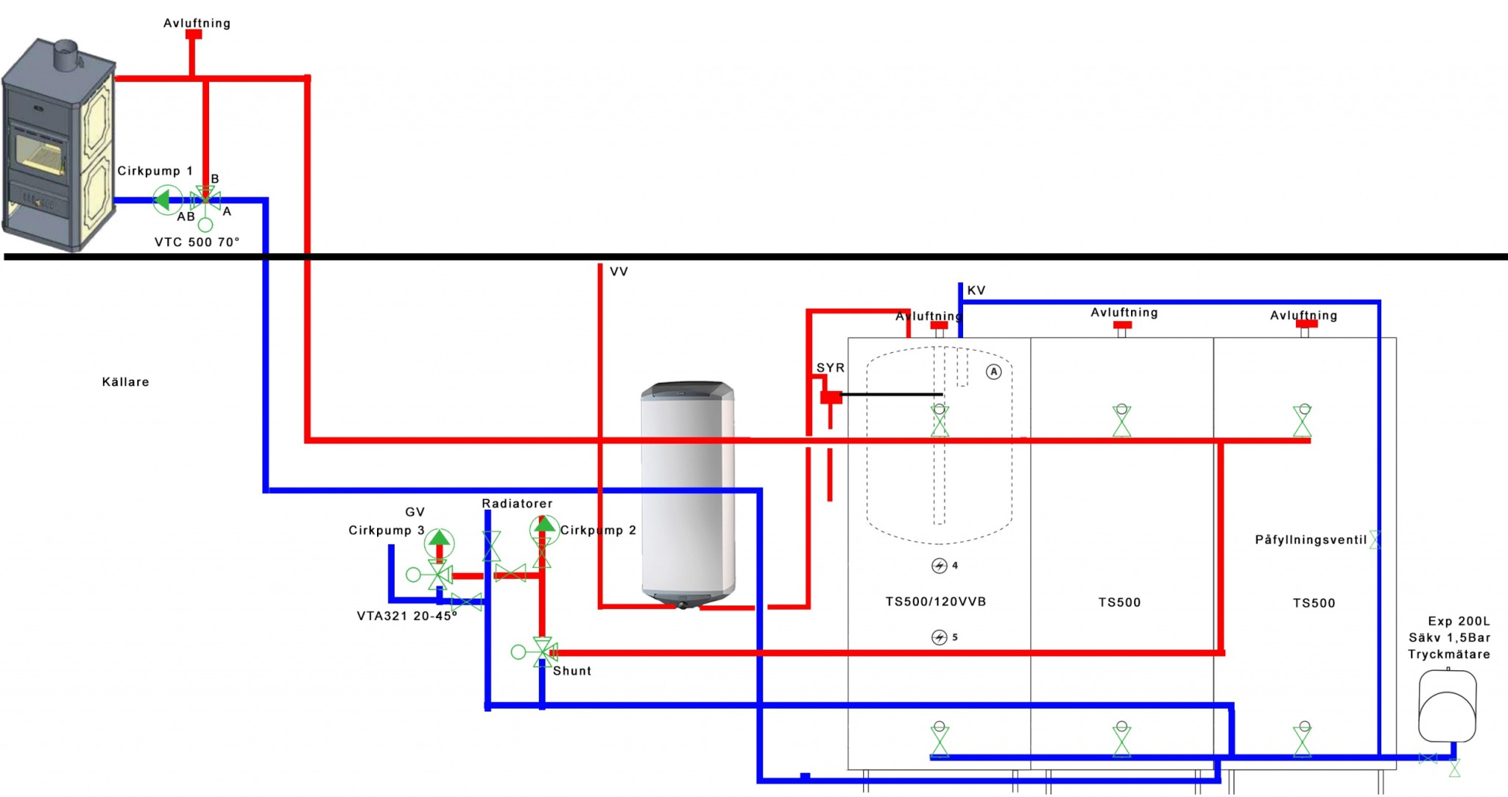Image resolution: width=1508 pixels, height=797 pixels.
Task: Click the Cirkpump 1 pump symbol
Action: click(x=167, y=199)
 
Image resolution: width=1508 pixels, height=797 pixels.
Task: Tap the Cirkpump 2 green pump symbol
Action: click(x=544, y=528)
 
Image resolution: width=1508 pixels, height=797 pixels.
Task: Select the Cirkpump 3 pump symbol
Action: click(x=439, y=542)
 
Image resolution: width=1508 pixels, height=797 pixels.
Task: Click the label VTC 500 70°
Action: click(x=197, y=242)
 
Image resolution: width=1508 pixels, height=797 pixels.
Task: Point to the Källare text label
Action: click(x=125, y=382)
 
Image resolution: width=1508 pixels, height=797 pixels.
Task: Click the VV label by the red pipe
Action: click(x=619, y=272)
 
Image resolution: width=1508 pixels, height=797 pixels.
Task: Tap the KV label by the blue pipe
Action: click(x=976, y=290)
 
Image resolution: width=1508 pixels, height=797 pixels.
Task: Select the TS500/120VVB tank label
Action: click(x=935, y=602)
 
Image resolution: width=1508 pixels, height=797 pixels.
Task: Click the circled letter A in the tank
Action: click(x=994, y=372)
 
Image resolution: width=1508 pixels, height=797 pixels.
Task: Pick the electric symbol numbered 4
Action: click(x=939, y=566)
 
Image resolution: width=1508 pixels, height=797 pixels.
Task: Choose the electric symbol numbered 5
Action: click(x=939, y=637)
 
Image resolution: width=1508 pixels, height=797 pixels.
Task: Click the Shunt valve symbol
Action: click(x=543, y=652)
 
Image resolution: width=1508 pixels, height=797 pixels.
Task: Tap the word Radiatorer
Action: click(x=517, y=504)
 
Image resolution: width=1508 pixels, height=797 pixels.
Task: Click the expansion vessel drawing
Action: click(x=1447, y=706)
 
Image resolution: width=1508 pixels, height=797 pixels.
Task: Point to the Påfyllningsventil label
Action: click(x=1311, y=540)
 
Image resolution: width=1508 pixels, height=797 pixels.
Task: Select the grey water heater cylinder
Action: click(x=688, y=494)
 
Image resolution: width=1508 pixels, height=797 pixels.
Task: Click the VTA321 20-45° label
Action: click(x=406, y=616)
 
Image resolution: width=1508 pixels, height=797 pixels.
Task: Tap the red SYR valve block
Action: click(x=831, y=398)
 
